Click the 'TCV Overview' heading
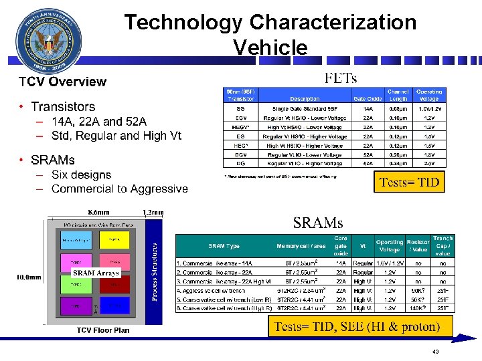coord(62,82)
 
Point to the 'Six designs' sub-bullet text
coord(81,174)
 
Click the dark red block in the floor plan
coord(114,283)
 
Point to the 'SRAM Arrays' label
coord(96,273)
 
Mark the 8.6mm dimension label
coord(102,213)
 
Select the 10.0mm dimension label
coord(28,277)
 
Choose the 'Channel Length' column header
coord(398,95)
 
